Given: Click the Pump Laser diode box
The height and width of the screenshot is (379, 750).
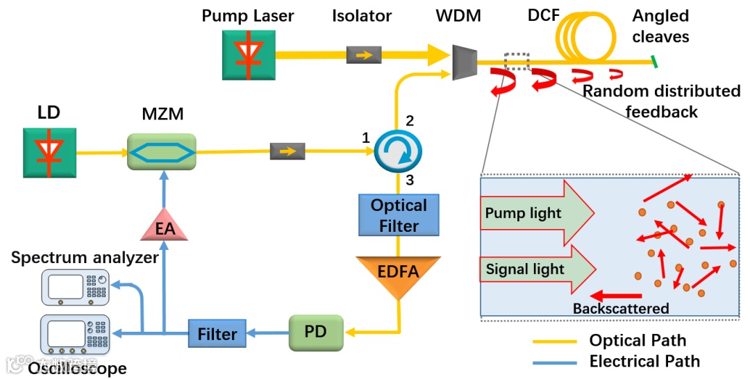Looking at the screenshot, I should click(248, 53).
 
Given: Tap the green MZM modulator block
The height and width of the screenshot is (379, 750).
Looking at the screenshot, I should click(162, 151).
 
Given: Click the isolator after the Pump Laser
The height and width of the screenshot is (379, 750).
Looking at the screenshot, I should click(363, 54).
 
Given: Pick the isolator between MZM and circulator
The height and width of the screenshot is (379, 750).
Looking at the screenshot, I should click(287, 150).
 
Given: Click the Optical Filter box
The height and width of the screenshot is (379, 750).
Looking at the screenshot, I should click(399, 215).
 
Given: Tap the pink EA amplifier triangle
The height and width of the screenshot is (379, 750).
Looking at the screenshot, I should click(165, 225).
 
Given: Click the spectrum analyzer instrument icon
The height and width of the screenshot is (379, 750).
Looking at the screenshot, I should click(75, 287).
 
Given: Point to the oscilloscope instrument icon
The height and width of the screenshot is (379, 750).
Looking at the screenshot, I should click(75, 333).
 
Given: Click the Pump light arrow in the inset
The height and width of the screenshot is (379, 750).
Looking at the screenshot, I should click(535, 212).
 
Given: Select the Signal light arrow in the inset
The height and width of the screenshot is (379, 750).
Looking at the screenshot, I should click(535, 269).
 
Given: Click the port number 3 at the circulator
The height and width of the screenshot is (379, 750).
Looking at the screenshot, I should click(410, 180).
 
